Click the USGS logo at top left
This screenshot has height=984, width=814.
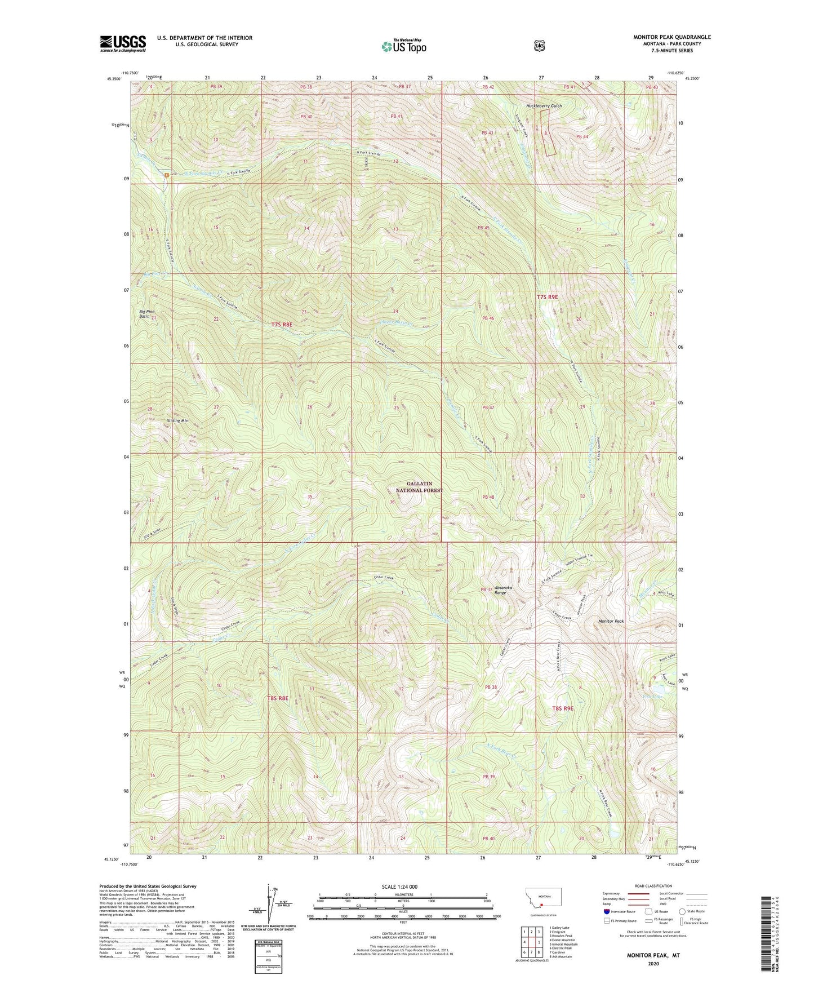[123, 43]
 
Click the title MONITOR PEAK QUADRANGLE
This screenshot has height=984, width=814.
[671, 37]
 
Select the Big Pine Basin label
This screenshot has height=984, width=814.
[146, 314]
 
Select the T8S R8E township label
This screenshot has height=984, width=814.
[278, 698]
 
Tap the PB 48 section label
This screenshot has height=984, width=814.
[488, 497]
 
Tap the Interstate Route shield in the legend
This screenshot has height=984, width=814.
[606, 911]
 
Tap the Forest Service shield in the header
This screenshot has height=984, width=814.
[539, 45]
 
